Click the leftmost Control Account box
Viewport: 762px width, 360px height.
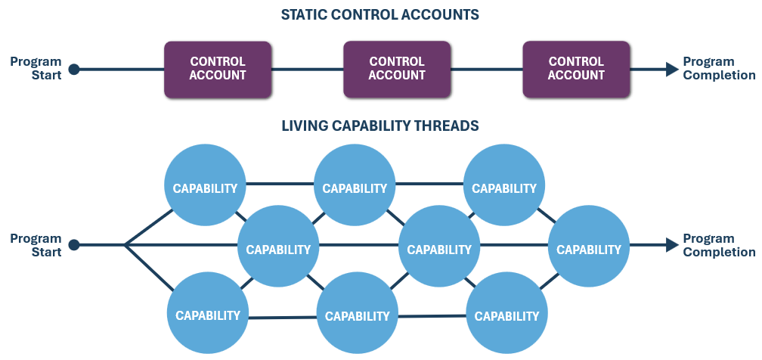coord(218,69)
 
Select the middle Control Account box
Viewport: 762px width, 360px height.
coord(397,69)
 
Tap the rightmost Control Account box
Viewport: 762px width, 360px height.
coord(576,69)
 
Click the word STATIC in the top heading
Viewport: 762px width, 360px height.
coord(305,14)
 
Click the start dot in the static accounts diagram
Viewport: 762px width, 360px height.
coord(73,70)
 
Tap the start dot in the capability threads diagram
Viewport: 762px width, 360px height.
coord(73,245)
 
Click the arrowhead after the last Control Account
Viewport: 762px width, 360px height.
coord(672,70)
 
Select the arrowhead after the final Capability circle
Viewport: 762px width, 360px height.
coord(672,245)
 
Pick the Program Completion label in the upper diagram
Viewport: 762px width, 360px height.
coord(719,69)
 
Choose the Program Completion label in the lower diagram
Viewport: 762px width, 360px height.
coord(719,245)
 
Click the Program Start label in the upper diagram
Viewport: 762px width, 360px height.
coord(36,69)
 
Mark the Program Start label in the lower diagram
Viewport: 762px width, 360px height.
coord(36,245)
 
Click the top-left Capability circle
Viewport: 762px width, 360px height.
coord(206,188)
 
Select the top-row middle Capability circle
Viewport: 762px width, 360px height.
coord(355,188)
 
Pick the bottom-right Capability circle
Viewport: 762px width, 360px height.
coord(506,315)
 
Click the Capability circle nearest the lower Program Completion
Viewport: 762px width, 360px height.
coord(588,249)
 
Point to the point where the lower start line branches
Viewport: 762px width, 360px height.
coord(125,245)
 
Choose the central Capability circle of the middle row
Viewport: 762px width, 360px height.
coord(439,249)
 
